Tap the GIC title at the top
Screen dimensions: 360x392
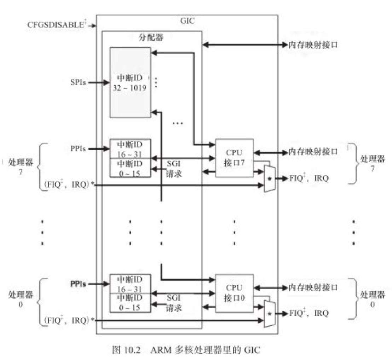(186, 21)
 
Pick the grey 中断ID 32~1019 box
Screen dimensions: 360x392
(130, 82)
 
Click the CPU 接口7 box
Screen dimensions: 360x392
(234, 158)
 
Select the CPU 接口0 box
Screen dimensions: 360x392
(234, 293)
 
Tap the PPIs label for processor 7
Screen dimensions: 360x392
(78, 149)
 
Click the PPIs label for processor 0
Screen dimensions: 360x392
(78, 284)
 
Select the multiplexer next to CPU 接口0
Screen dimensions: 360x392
(269, 314)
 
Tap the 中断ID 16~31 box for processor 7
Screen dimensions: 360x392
(130, 149)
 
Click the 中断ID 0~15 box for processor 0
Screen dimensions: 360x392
(130, 303)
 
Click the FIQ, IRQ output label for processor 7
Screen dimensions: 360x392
(309, 178)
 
